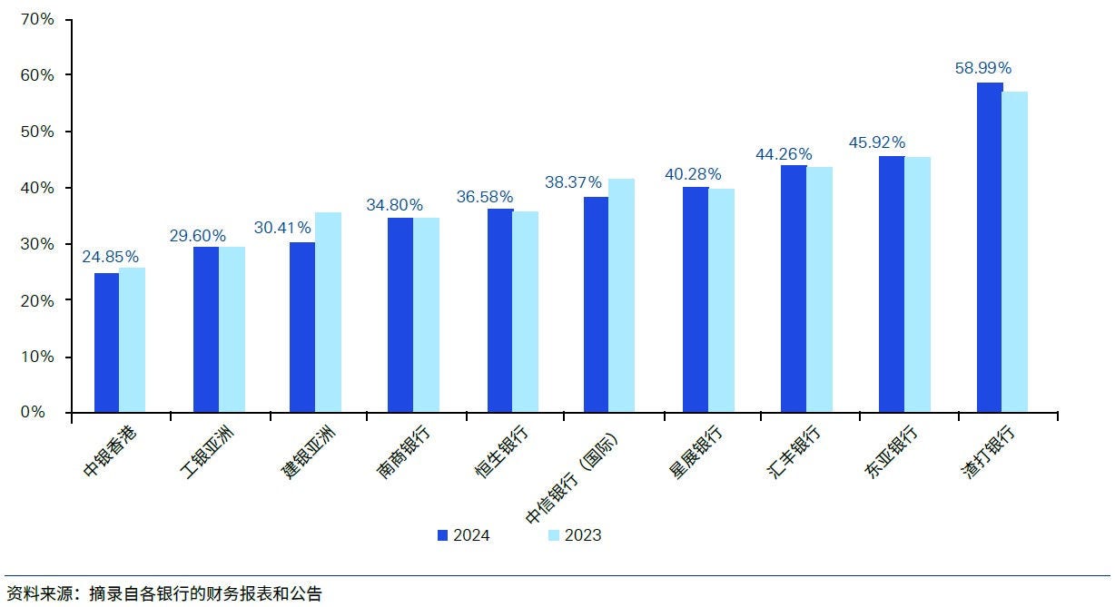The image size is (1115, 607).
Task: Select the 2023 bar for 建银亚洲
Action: pos(329,313)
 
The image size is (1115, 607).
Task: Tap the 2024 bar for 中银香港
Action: pos(106,343)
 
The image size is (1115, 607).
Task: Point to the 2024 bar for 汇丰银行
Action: pos(794,289)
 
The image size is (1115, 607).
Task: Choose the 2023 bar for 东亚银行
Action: pos(917,285)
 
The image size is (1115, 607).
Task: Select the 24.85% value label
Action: pos(110,257)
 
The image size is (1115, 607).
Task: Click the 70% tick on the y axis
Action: pos(37,18)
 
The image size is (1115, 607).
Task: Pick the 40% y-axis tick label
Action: pos(37,188)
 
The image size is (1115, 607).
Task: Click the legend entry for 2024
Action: pos(463,535)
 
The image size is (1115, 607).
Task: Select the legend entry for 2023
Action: pos(574,535)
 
